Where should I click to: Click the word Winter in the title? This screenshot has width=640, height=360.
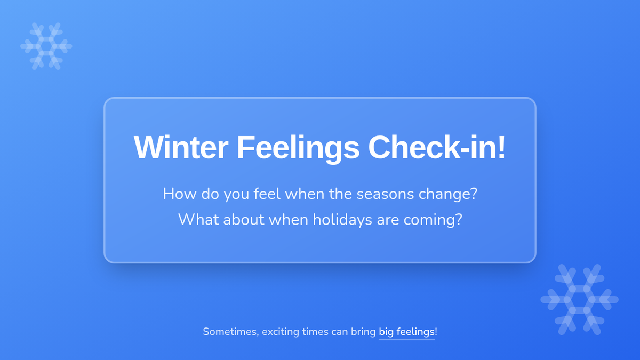click(x=181, y=147)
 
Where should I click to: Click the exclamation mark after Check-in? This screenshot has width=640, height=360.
click(x=501, y=147)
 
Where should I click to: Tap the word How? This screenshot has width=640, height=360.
click(x=180, y=194)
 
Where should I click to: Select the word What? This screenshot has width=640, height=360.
click(x=198, y=219)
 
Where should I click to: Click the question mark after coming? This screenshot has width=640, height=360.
click(x=458, y=219)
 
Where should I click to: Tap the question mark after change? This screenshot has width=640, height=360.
click(x=474, y=194)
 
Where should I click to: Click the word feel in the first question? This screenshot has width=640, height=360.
click(x=267, y=194)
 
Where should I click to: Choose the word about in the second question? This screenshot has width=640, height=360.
click(x=243, y=219)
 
